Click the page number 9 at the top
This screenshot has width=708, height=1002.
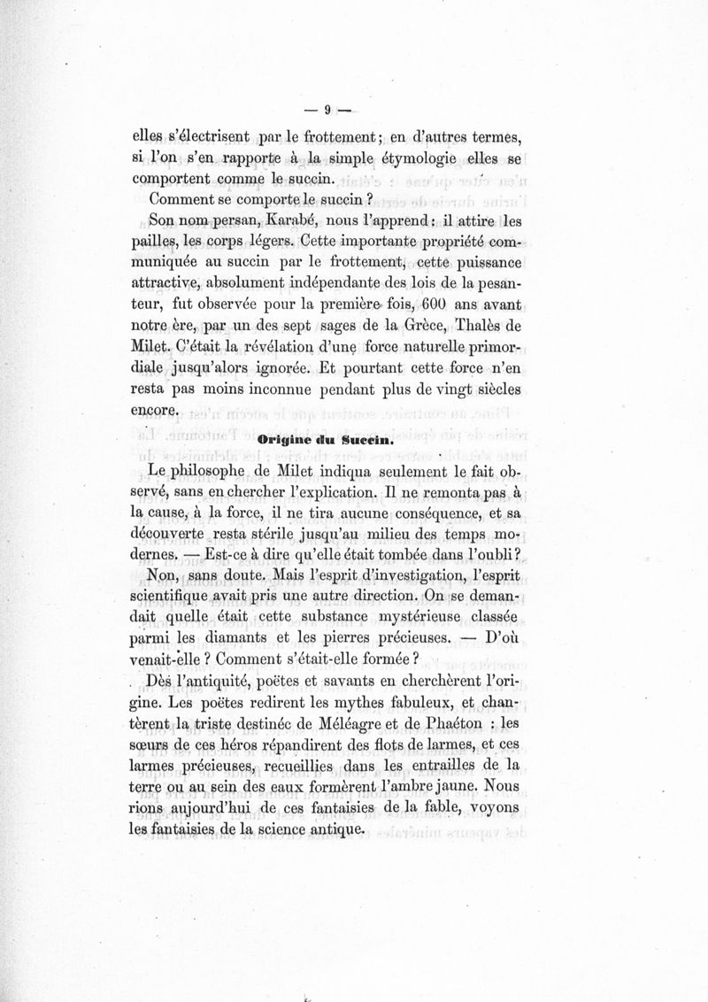point(327,111)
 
